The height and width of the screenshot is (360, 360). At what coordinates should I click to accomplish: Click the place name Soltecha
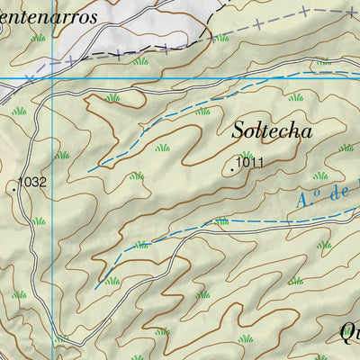pos(272,130)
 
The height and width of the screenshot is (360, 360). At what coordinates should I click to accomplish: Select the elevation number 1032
pos(32,182)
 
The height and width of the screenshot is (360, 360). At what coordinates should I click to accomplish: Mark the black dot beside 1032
pos(16,189)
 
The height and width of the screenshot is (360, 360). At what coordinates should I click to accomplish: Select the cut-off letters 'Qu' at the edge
pos(349,333)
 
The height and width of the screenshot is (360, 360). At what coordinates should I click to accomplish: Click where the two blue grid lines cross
pos(52,78)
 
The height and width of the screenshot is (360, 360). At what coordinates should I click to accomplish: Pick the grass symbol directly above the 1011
pos(247,154)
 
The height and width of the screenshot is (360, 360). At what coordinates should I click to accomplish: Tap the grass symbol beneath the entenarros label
pos(38,39)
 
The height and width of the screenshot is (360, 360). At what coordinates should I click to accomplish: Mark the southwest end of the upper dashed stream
pos(88,169)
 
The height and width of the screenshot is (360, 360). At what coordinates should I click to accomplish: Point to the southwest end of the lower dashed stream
pos(95,288)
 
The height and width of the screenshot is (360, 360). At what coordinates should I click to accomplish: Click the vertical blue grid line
pos(52,225)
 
